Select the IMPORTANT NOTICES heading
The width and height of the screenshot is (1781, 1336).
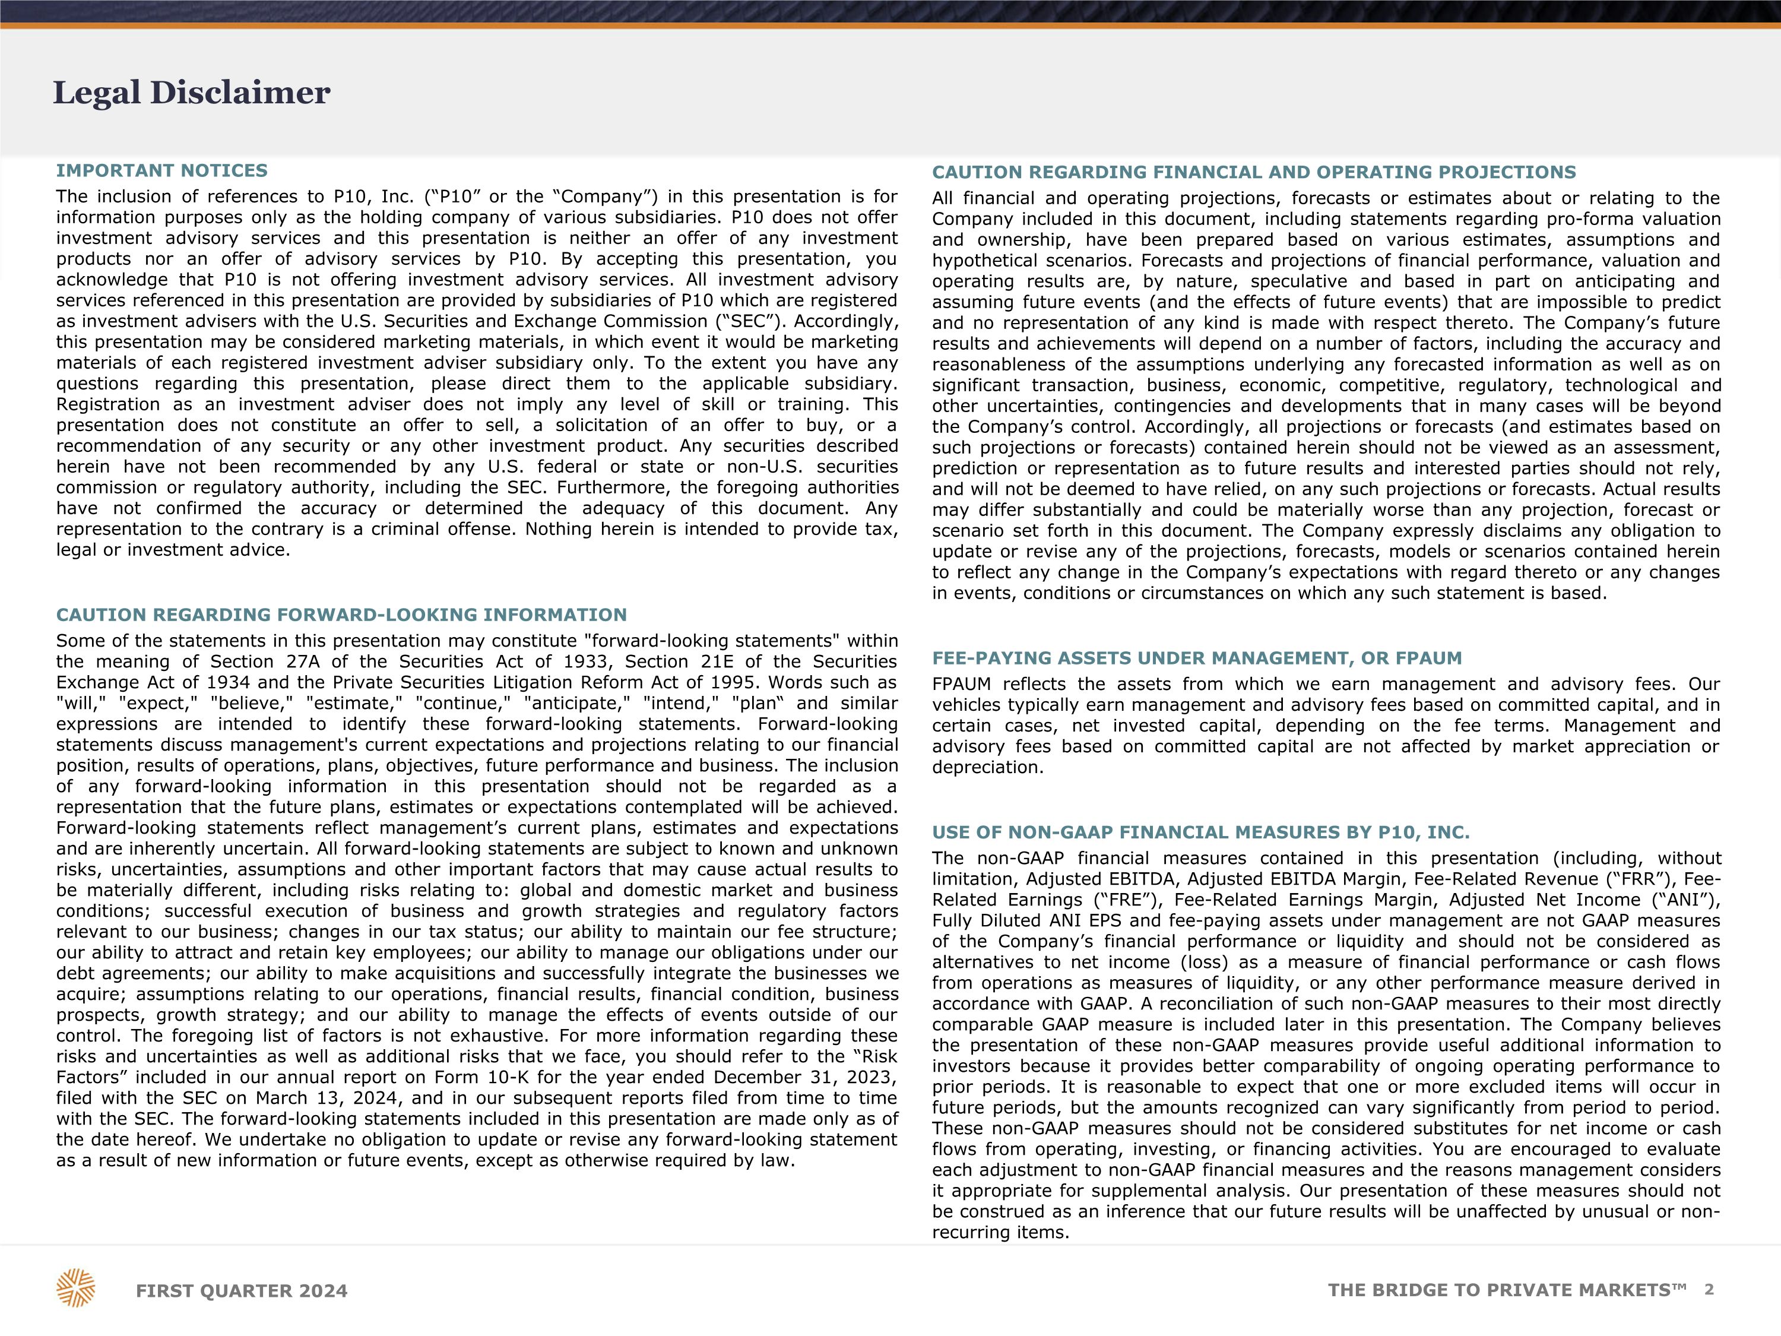point(162,171)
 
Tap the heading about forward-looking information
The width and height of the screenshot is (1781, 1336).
point(341,615)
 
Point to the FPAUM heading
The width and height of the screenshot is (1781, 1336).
point(1196,658)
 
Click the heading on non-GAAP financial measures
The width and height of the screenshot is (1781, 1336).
point(1200,832)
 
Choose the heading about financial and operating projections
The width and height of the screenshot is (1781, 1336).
point(1254,172)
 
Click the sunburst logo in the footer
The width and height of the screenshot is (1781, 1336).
point(75,1288)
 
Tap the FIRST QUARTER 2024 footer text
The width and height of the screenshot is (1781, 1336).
point(242,1291)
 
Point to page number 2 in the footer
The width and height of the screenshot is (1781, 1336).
point(1709,1289)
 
